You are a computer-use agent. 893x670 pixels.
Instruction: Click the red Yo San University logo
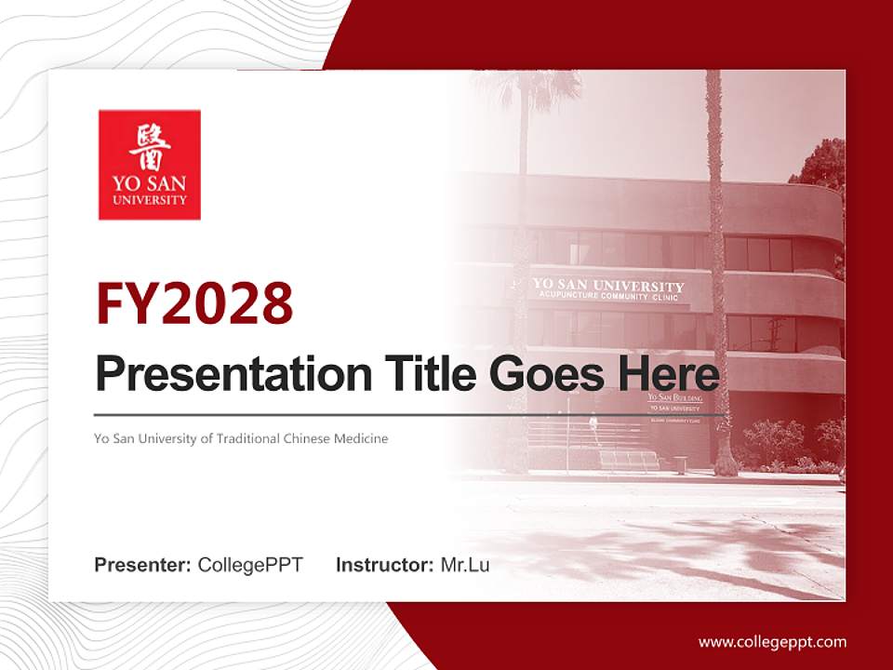pos(149,165)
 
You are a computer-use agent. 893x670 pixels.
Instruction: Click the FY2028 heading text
pos(194,303)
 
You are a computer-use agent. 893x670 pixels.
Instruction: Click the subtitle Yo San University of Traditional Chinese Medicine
pos(241,438)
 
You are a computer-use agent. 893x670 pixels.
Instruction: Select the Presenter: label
pos(143,565)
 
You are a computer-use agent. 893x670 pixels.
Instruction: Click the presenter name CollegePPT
pos(250,565)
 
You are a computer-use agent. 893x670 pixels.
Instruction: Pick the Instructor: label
pos(384,565)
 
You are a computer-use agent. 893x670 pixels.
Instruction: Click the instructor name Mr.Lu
pos(465,565)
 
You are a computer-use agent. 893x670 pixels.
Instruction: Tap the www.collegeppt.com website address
pos(772,641)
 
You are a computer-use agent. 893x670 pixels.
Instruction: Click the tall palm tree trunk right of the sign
pos(717,279)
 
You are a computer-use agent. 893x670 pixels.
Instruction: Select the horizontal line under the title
pos(409,414)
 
